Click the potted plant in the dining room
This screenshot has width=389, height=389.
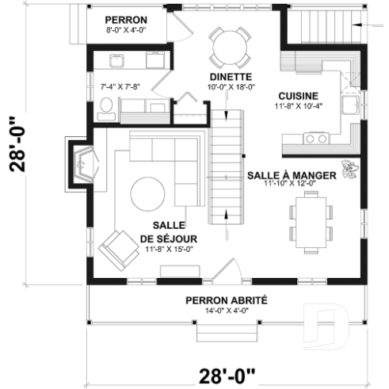pyautogui.click(x=348, y=170)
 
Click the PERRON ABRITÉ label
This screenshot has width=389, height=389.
pyautogui.click(x=227, y=300)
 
